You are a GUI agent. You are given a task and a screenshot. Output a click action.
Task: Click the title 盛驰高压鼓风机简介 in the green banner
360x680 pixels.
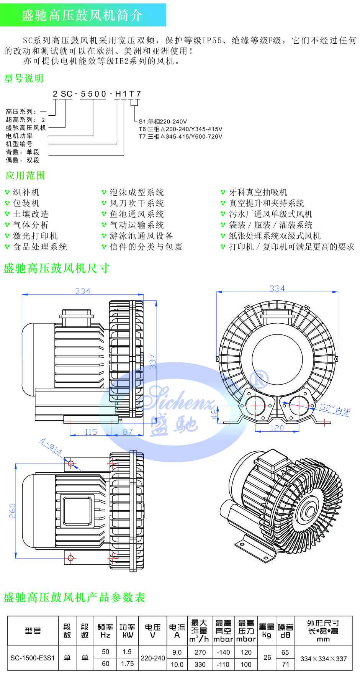pyautogui.click(x=82, y=15)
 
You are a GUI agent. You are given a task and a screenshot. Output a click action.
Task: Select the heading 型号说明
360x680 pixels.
pyautogui.click(x=24, y=79)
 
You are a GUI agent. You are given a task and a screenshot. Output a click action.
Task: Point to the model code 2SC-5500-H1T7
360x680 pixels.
pyautogui.click(x=97, y=94)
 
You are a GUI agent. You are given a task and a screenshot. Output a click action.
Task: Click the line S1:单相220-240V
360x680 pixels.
pyautogui.click(x=163, y=121)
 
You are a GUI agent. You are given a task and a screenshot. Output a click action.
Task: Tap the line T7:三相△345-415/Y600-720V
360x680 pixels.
pyautogui.click(x=180, y=136)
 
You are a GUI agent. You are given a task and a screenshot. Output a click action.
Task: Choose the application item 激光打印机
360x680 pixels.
pyautogui.click(x=35, y=236)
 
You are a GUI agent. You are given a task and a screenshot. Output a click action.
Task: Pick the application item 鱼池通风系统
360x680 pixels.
pyautogui.click(x=137, y=214)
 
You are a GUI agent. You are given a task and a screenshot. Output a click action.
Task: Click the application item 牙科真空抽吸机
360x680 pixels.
pyautogui.click(x=258, y=192)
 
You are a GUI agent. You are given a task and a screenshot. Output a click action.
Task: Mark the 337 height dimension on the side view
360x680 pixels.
pyautogui.click(x=153, y=362)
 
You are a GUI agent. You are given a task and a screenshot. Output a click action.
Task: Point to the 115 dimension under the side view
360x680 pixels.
pyautogui.click(x=91, y=432)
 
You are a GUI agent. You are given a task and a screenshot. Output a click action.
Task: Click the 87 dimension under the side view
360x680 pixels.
pyautogui.click(x=128, y=432)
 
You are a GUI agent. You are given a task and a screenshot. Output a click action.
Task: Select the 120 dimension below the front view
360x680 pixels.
pyautogui.click(x=277, y=428)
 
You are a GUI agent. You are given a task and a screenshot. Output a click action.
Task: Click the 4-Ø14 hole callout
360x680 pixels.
pyautogui.click(x=51, y=446)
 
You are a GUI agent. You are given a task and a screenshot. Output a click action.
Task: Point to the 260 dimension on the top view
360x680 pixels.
pyautogui.click(x=12, y=511)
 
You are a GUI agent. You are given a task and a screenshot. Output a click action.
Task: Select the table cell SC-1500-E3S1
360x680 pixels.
pyautogui.click(x=33, y=658)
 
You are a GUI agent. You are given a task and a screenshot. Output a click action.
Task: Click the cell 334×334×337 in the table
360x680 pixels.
pyautogui.click(x=323, y=659)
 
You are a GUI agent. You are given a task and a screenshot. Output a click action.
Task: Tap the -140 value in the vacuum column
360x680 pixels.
pyautogui.click(x=223, y=652)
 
